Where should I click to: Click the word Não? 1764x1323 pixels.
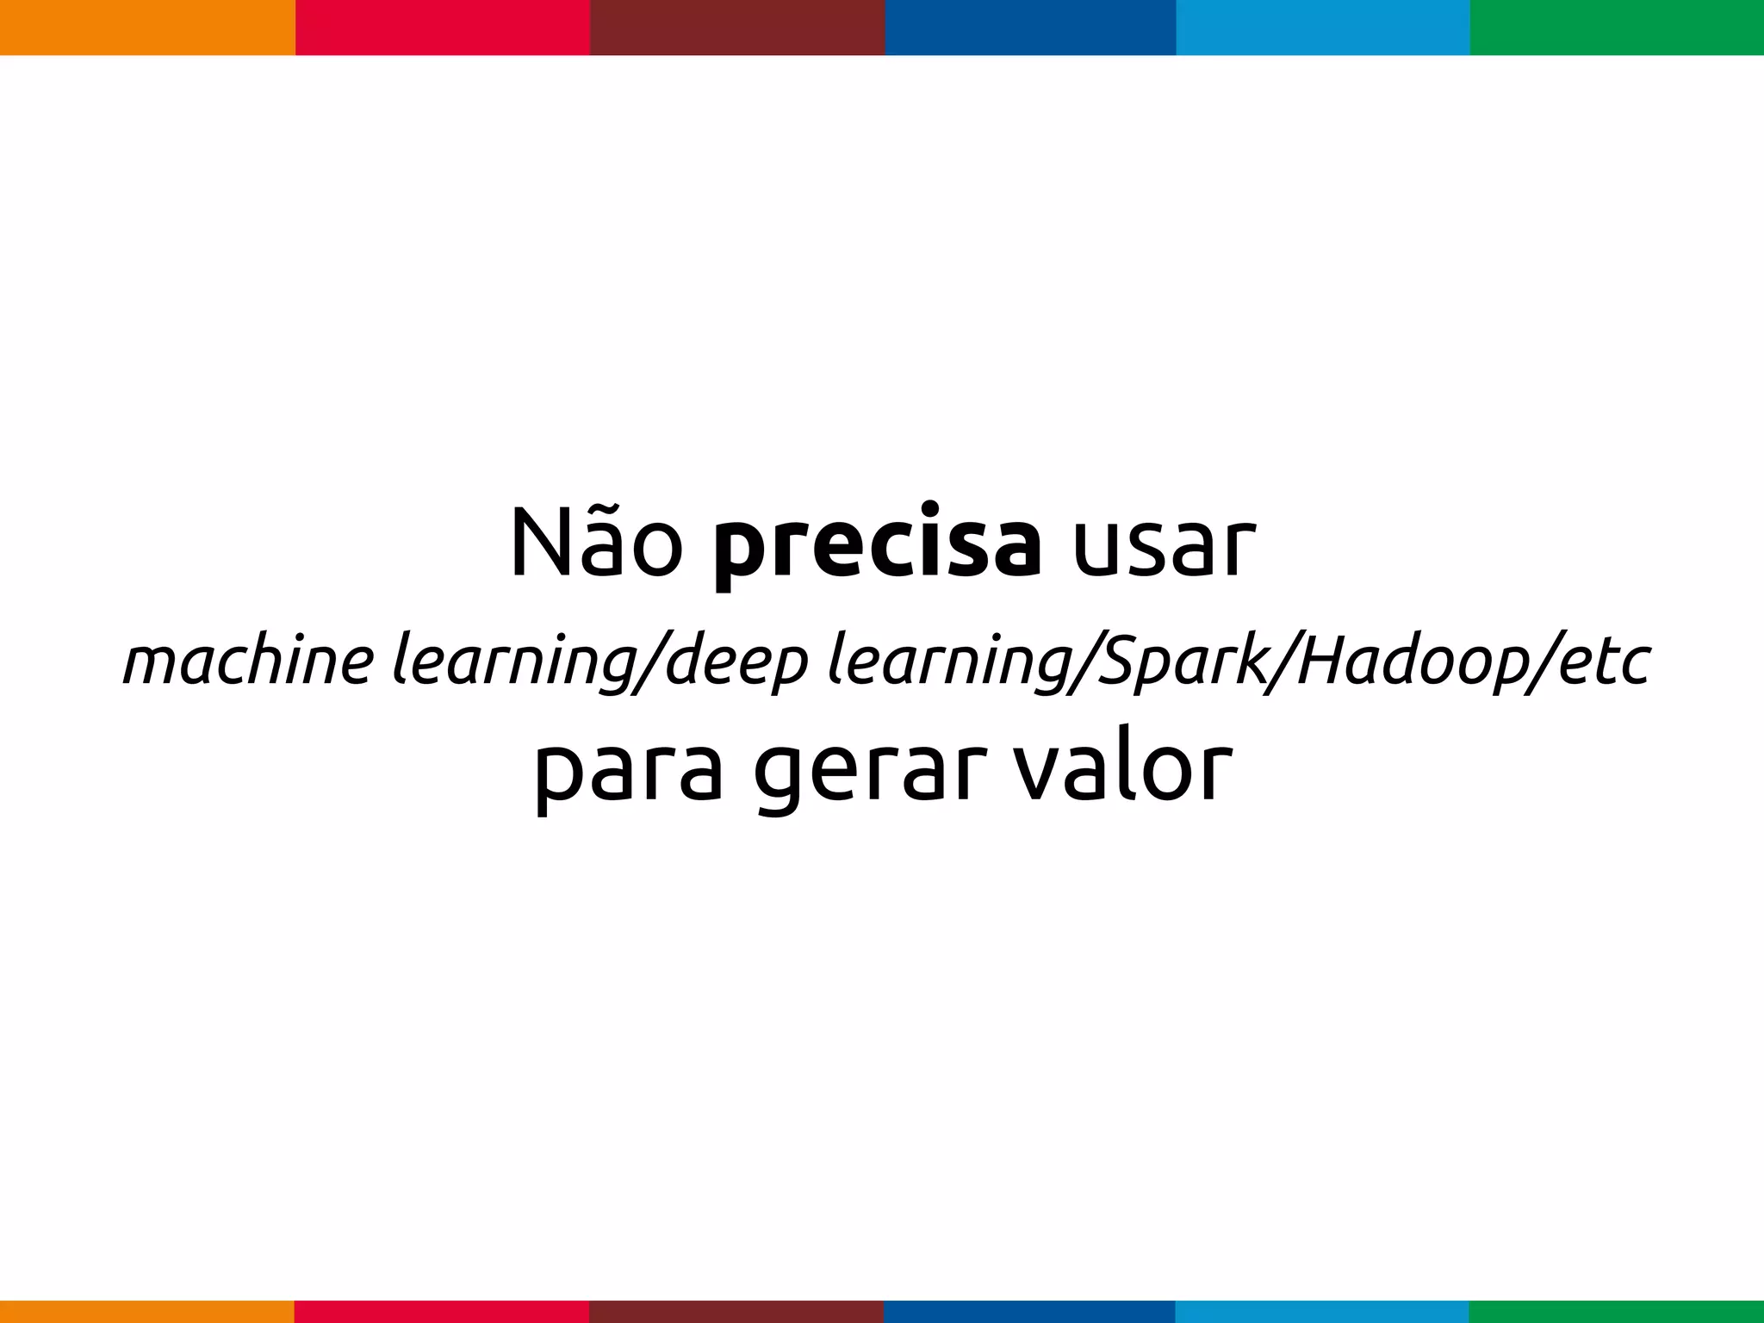(x=596, y=544)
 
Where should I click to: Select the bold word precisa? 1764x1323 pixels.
(x=877, y=548)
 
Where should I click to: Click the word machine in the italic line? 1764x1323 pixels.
(x=248, y=661)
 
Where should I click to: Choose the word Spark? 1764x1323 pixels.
(x=1182, y=661)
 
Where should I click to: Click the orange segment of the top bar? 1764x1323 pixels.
(x=147, y=28)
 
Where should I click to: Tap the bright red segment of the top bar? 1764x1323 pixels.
(x=443, y=28)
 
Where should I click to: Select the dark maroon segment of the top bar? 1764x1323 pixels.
(x=737, y=28)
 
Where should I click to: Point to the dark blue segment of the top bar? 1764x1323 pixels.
(x=1030, y=28)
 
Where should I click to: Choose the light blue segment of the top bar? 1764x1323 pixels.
(x=1323, y=28)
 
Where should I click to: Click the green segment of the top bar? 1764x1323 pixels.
(x=1617, y=28)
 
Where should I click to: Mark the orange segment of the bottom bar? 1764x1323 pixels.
(x=147, y=1312)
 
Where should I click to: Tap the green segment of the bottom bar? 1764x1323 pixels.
(x=1617, y=1312)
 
